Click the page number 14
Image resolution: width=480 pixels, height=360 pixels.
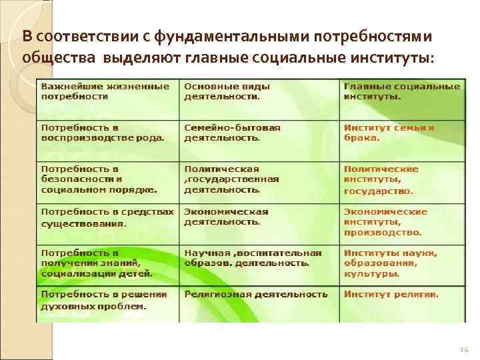pos(465,349)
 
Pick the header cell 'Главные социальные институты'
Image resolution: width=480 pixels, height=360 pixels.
pos(402,91)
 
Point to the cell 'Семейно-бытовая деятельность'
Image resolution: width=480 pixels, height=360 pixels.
pos(233,133)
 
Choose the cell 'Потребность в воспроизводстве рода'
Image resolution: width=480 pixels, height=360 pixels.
pos(103,133)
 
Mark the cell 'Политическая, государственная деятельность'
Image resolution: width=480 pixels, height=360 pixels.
pos(231,179)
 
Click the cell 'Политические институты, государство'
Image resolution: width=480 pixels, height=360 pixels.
pos(381,179)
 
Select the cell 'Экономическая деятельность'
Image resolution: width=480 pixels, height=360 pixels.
pos(226,217)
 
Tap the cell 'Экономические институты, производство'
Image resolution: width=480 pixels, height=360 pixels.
pos(385,222)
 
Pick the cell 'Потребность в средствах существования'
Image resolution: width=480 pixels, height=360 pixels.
pos(107,217)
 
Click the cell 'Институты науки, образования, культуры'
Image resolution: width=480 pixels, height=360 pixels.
pos(391,263)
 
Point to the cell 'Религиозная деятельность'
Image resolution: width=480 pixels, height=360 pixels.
pos(256,294)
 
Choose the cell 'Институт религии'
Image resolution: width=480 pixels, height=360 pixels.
pos(391,294)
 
